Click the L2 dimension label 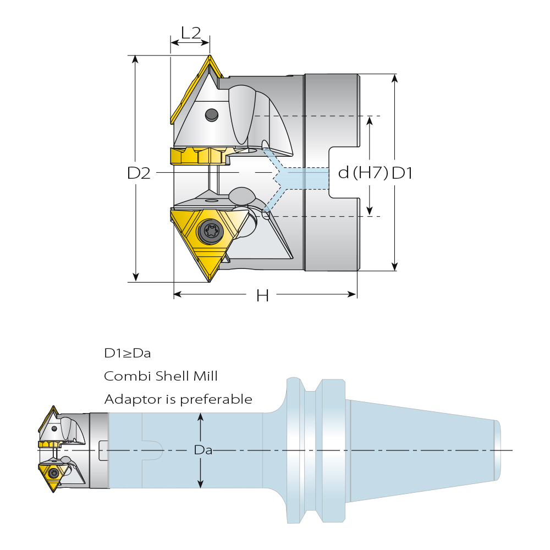[191, 33]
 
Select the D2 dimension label [139, 173]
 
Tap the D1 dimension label [402, 173]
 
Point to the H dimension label [262, 296]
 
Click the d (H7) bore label [363, 173]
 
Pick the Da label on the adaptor [203, 450]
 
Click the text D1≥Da [128, 353]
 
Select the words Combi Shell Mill [161, 376]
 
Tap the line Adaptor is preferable [178, 399]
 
